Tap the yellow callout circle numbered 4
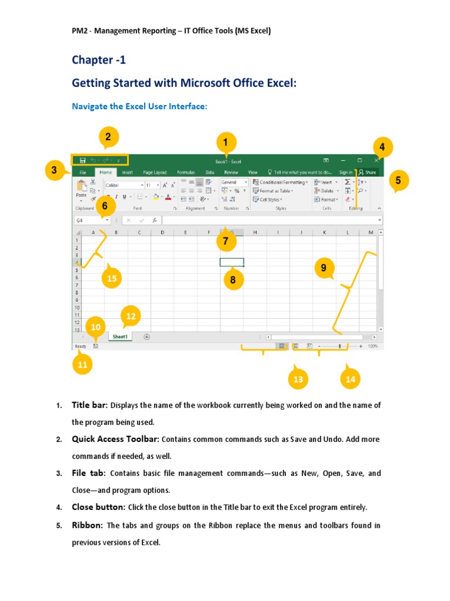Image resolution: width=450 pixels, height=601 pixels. (x=382, y=147)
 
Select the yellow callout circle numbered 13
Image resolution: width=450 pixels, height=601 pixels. (x=298, y=379)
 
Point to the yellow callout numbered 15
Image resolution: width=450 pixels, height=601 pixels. (x=112, y=279)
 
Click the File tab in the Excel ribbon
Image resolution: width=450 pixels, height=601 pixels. (x=83, y=173)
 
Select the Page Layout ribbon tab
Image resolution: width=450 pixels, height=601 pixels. (x=155, y=173)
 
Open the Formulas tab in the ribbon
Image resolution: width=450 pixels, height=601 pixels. (x=186, y=173)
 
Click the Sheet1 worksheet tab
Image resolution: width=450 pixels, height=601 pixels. (x=120, y=337)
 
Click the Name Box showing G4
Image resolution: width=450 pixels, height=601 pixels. (x=91, y=220)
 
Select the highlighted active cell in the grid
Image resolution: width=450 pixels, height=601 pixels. (x=231, y=262)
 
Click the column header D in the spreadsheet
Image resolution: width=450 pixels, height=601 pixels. (x=162, y=233)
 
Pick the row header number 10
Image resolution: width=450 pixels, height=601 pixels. (x=77, y=307)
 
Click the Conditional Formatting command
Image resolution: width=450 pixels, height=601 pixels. (x=281, y=183)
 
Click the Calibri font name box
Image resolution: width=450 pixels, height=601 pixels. (x=123, y=184)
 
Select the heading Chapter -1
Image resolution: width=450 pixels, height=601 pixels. (x=98, y=60)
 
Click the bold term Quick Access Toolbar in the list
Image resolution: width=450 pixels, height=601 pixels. (x=115, y=439)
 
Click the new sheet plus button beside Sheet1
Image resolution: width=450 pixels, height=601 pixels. (x=146, y=337)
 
